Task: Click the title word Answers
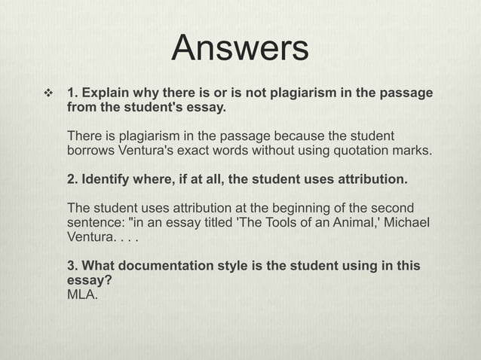(x=240, y=49)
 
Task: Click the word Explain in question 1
(x=109, y=93)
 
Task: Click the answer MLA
(x=82, y=293)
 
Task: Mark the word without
(x=271, y=151)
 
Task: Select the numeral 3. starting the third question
(x=72, y=266)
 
